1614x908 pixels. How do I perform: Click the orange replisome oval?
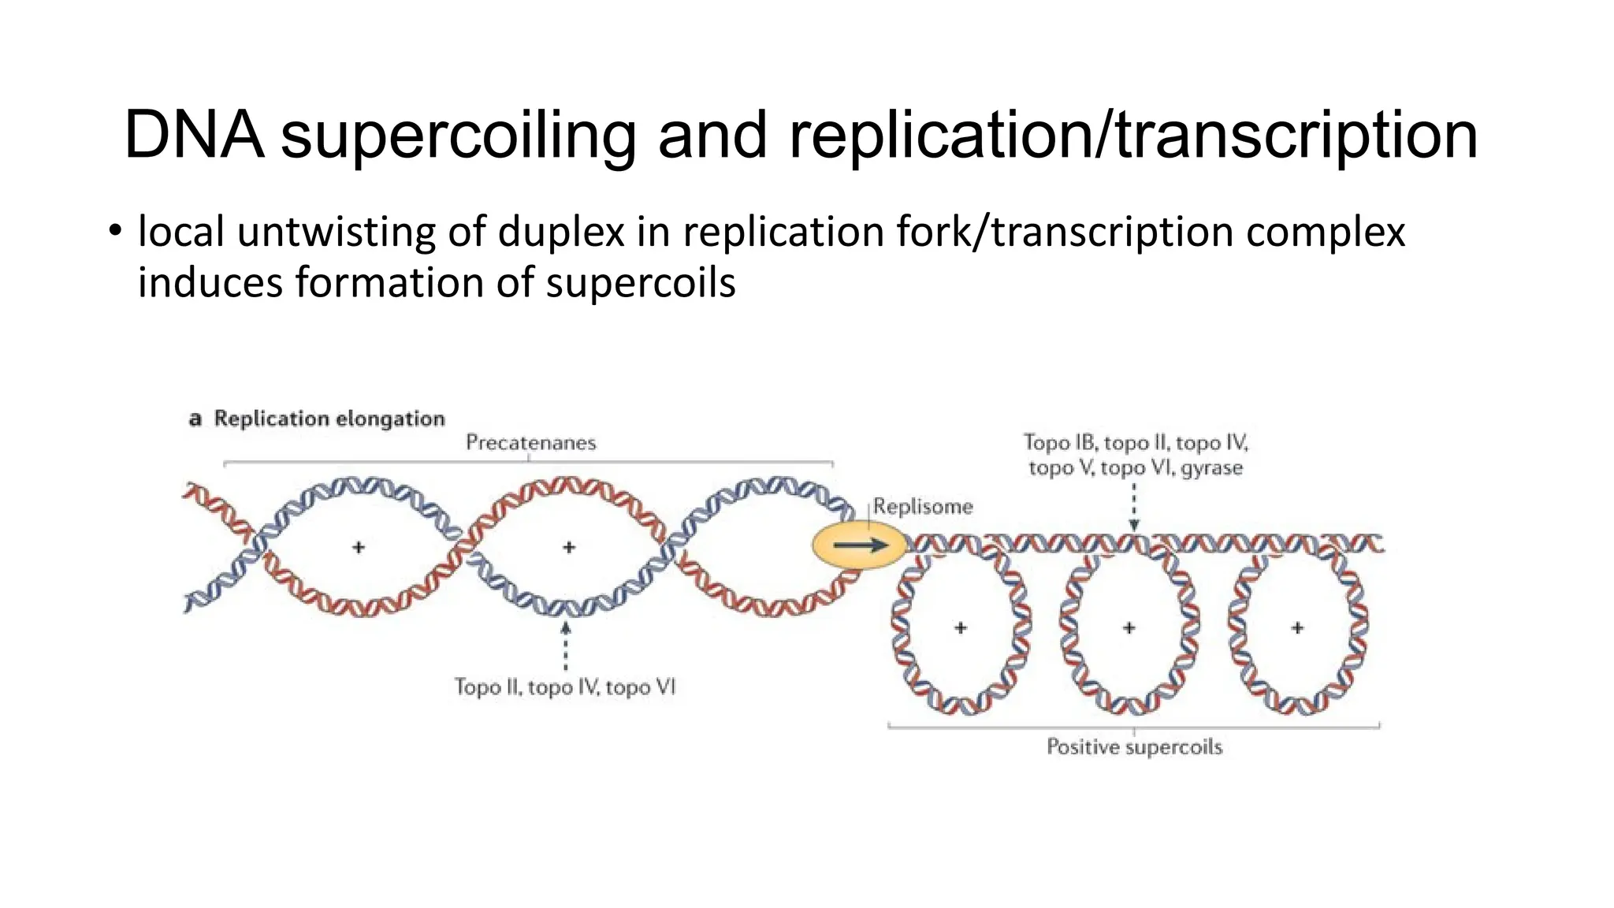click(859, 545)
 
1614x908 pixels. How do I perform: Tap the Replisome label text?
click(923, 507)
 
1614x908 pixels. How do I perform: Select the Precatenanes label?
click(530, 443)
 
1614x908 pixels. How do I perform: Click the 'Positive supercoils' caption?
click(1134, 747)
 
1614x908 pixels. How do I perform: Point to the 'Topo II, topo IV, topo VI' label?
click(564, 687)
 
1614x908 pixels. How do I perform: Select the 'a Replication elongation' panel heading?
click(318, 419)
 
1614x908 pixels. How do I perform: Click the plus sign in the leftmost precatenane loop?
click(359, 546)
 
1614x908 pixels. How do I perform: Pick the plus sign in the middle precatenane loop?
click(569, 546)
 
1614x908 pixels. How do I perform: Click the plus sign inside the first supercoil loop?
click(960, 628)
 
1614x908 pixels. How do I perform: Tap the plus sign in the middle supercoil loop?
click(1129, 628)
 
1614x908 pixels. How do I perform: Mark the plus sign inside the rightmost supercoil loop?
click(1297, 628)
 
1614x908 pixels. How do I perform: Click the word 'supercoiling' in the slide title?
click(459, 136)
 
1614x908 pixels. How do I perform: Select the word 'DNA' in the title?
click(194, 136)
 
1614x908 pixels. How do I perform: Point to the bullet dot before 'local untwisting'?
click(115, 231)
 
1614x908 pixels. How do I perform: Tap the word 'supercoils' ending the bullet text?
click(641, 283)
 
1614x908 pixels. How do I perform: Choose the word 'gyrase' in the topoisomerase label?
click(1211, 469)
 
